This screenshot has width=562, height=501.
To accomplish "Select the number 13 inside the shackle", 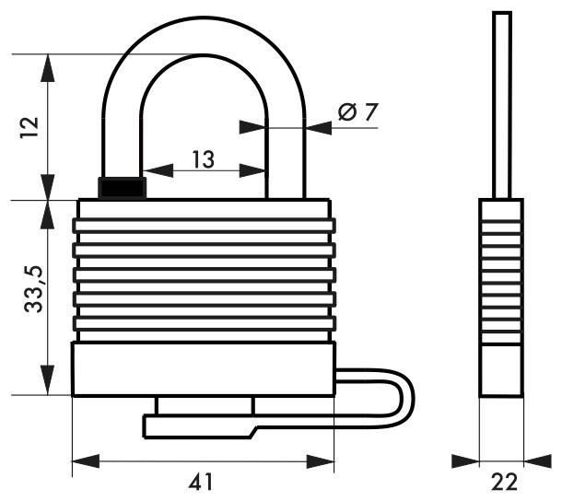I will pyautogui.click(x=203, y=158).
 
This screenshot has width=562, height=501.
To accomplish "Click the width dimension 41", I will pyautogui.click(x=202, y=479).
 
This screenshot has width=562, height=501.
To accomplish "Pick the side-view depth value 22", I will pyautogui.click(x=504, y=479).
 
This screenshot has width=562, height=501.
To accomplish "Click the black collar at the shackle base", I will pyautogui.click(x=122, y=187).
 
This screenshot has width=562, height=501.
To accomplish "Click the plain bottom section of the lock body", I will pyautogui.click(x=202, y=369).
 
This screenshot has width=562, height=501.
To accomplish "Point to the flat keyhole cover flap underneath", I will pyautogui.click(x=198, y=425).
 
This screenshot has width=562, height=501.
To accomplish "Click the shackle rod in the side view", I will pyautogui.click(x=501, y=101).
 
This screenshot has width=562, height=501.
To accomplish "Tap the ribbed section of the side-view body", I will pyautogui.click(x=501, y=276).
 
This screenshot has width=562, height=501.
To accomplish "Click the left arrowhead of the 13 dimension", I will pyautogui.click(x=149, y=170).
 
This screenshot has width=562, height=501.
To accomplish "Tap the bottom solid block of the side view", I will pyautogui.click(x=501, y=368).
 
